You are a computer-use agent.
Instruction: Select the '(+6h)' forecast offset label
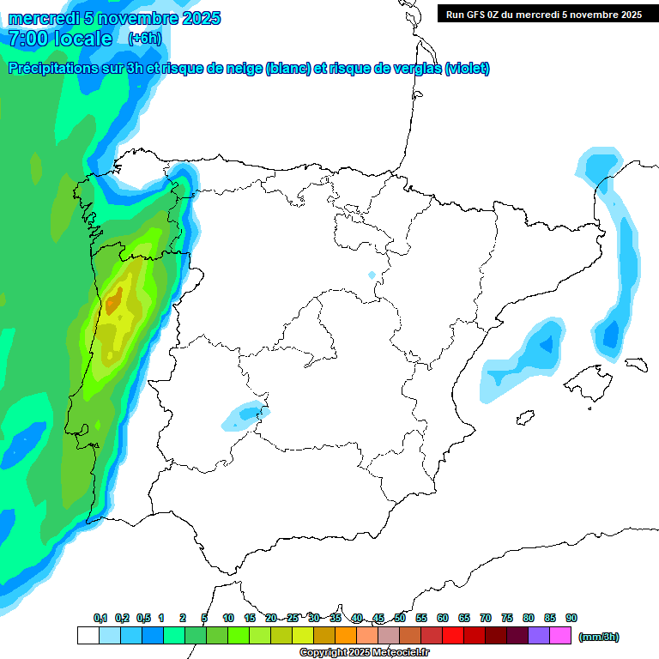(x=143, y=39)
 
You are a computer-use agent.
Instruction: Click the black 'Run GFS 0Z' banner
(x=544, y=14)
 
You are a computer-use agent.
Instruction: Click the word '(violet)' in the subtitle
(x=467, y=69)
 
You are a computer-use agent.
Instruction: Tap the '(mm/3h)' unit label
(x=598, y=637)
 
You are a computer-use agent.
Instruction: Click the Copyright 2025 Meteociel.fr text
(x=364, y=653)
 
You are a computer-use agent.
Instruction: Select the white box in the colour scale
(x=88, y=636)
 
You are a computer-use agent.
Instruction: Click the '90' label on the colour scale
(x=571, y=618)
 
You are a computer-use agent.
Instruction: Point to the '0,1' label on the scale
(x=100, y=618)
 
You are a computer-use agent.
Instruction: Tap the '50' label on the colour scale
(x=400, y=618)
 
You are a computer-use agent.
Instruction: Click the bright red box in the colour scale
(x=453, y=636)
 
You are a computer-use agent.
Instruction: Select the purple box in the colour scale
(x=539, y=636)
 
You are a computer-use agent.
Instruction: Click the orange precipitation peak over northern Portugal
(x=113, y=303)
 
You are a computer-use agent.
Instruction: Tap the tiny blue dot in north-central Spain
(x=372, y=275)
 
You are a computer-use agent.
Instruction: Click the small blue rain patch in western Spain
(x=243, y=416)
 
